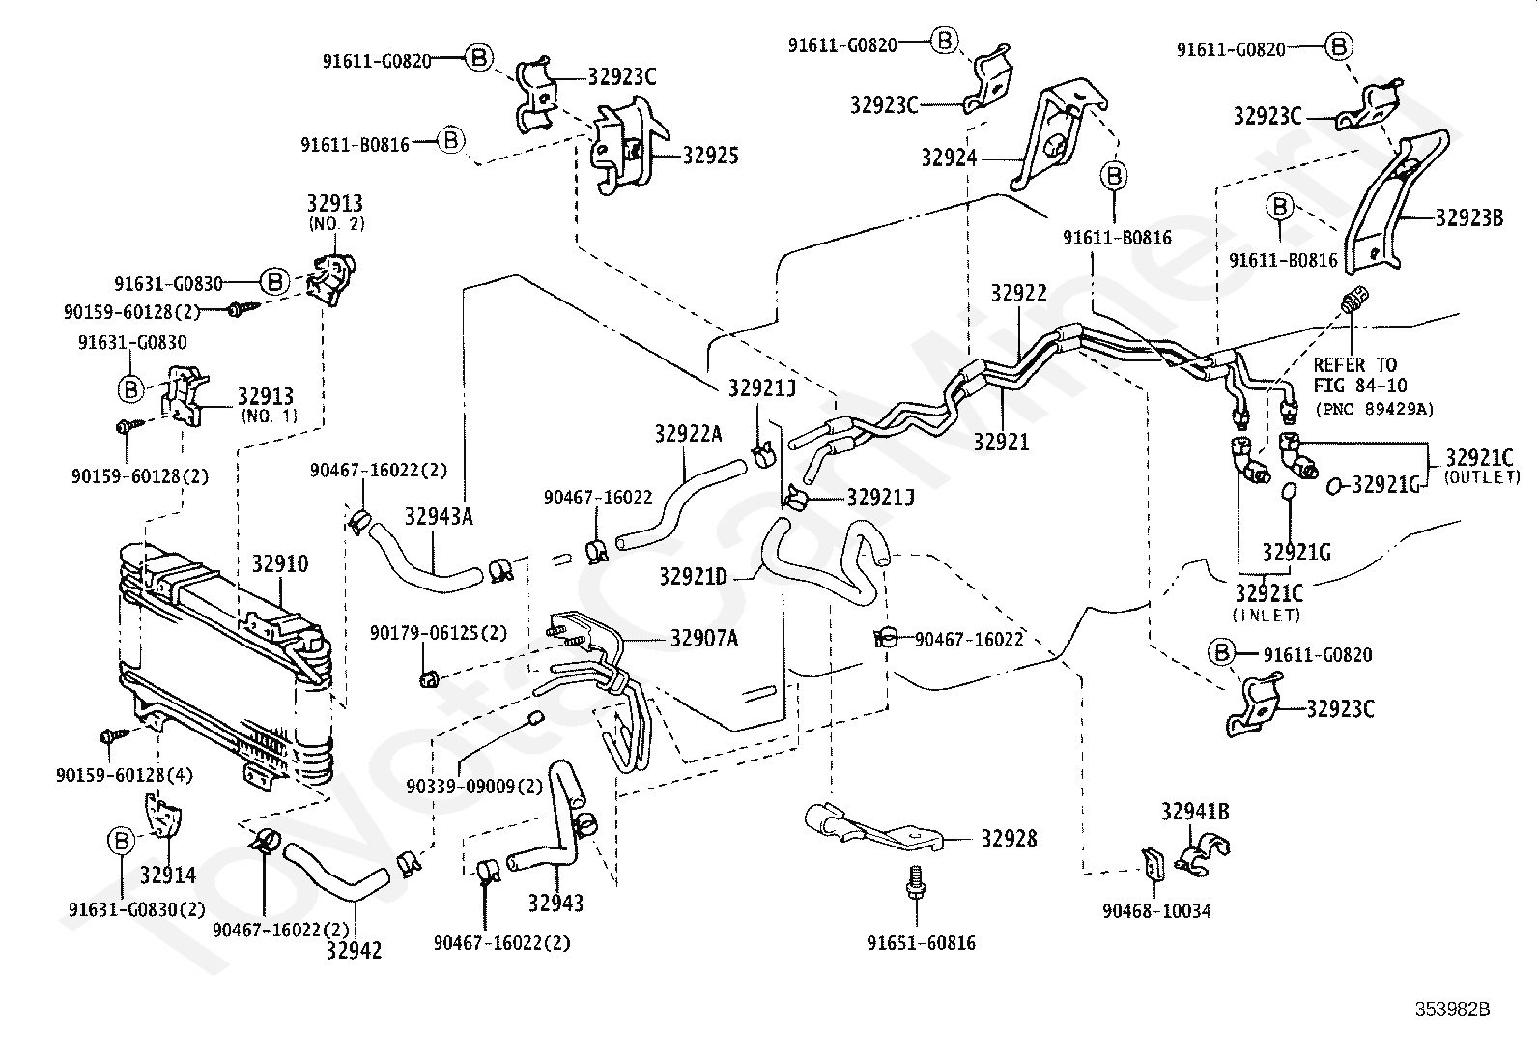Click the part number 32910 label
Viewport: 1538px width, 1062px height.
click(280, 564)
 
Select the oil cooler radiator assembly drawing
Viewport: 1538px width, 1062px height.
click(225, 664)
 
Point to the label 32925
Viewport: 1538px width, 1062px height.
click(711, 156)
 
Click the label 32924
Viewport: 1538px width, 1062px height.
click(949, 158)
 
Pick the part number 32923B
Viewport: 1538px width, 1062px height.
click(1469, 217)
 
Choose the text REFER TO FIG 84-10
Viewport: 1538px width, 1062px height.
click(1360, 375)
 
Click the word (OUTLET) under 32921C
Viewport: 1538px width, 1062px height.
click(1482, 476)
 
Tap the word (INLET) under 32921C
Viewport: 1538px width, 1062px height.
click(1267, 615)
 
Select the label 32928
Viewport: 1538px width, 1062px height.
click(1009, 838)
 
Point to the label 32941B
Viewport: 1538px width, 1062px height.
click(1195, 812)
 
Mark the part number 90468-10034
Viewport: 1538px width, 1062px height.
click(1157, 911)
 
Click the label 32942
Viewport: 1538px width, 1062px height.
click(354, 950)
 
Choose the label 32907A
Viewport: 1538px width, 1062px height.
click(704, 638)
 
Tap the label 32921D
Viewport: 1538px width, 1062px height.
click(693, 576)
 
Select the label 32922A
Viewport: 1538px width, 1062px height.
click(688, 434)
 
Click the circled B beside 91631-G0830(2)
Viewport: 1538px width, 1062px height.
click(122, 841)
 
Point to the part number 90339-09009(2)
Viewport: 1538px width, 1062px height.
click(474, 786)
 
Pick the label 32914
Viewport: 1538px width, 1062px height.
click(168, 875)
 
